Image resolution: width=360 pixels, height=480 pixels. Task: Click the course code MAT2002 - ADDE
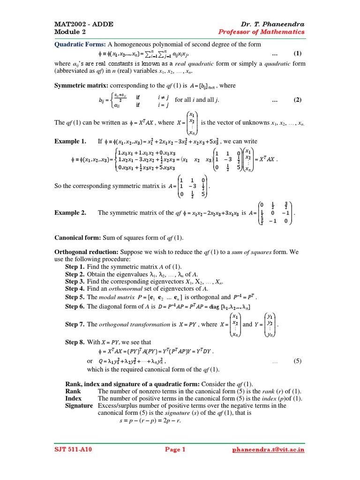coord(84,24)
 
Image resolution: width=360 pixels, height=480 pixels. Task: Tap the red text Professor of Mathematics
coord(262,32)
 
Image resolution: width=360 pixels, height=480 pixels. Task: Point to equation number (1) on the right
coord(297,53)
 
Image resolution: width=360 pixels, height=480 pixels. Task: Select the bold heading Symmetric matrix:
coord(81,85)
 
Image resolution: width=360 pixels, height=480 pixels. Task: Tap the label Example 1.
coord(70,141)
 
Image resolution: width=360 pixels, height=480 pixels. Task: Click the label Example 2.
coord(70,212)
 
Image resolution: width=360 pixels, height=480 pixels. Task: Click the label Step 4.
coord(75,289)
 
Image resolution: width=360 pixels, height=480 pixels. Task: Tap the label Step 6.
coord(75,307)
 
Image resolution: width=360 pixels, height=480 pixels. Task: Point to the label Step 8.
coord(75,342)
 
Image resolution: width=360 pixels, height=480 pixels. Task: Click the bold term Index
coord(74,398)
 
